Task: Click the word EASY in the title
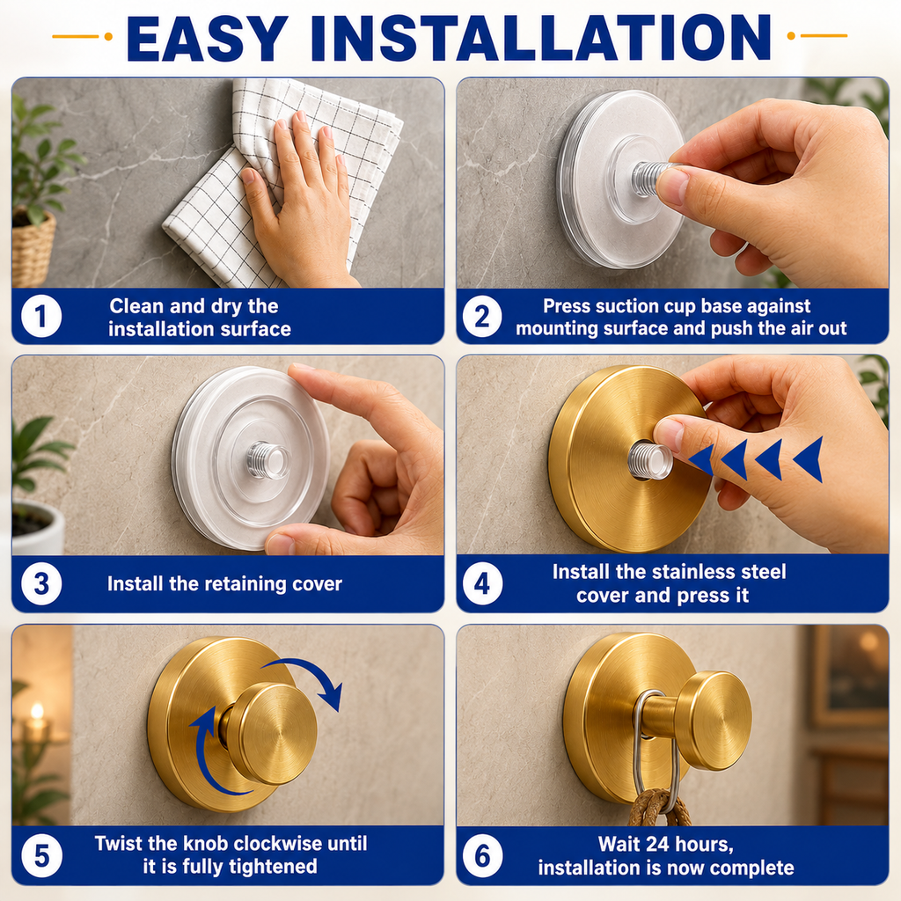(x=207, y=38)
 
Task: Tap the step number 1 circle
(x=40, y=316)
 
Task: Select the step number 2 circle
(x=482, y=316)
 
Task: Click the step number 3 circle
(x=41, y=584)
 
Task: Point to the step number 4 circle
(x=482, y=584)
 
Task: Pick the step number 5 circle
(x=41, y=856)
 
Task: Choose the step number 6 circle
(x=482, y=856)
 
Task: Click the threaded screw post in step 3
(x=267, y=460)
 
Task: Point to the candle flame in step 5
(x=37, y=711)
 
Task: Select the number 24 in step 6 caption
(x=658, y=844)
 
